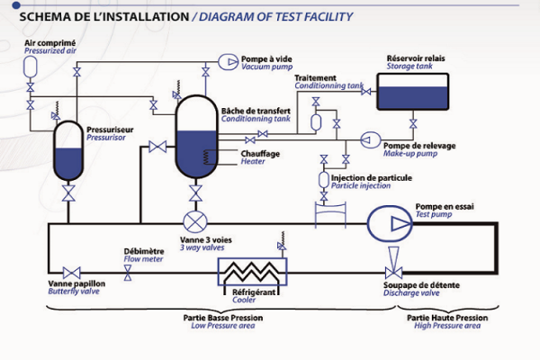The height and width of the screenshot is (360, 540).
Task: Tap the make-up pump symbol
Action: point(369,139)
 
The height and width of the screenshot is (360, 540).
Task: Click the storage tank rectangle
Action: point(414,92)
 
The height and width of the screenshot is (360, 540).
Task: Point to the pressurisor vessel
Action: point(67,148)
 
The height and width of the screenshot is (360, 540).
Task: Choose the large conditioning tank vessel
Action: point(194,139)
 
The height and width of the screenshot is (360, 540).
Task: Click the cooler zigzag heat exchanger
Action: point(253,269)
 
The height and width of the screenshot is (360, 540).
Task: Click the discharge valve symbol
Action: point(393,271)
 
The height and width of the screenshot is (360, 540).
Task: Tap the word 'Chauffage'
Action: point(260,153)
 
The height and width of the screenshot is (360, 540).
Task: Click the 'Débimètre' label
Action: point(142,250)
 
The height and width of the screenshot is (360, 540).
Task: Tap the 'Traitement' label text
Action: point(314,78)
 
